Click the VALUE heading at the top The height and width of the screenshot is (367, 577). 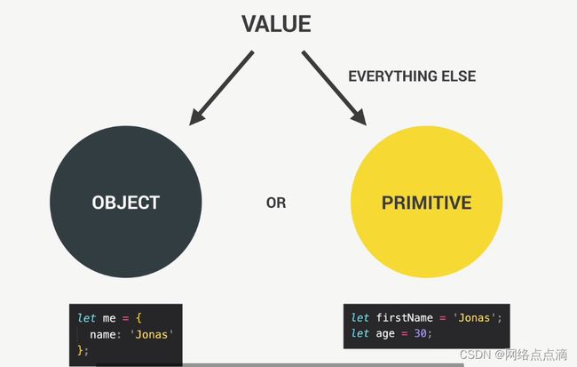click(x=276, y=24)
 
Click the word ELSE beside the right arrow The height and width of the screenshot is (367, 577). click(x=459, y=76)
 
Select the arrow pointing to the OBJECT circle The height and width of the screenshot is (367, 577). click(x=221, y=88)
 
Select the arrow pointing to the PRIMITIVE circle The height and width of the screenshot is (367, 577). click(x=334, y=88)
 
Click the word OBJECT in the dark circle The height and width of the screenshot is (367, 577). click(x=126, y=203)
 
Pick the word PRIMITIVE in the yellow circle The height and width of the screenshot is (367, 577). click(x=426, y=203)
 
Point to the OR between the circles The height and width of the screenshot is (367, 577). click(x=276, y=203)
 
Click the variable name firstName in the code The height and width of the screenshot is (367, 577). click(x=405, y=317)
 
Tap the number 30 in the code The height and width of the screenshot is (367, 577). click(x=420, y=333)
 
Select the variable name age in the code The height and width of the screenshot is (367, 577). click(x=385, y=334)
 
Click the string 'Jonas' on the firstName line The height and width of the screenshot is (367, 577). click(x=475, y=317)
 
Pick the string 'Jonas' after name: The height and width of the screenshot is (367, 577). click(x=152, y=334)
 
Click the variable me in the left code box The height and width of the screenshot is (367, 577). click(x=109, y=318)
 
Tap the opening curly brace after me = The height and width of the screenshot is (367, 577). click(x=138, y=318)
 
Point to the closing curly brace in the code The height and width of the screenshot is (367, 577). click(x=81, y=350)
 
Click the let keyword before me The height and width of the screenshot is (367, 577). click(x=87, y=318)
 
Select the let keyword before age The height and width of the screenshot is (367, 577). click(x=360, y=333)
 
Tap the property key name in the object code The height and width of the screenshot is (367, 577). click(x=102, y=335)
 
